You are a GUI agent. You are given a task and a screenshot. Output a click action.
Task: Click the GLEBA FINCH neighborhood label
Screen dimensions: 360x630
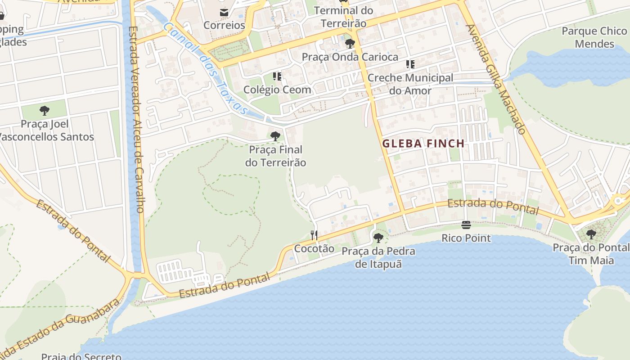423,144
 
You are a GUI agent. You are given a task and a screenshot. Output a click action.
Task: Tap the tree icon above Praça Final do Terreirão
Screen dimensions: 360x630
275,136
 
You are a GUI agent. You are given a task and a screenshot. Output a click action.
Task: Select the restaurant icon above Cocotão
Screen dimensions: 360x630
314,235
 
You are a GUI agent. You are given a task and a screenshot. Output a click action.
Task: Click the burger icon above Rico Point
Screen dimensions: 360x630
466,225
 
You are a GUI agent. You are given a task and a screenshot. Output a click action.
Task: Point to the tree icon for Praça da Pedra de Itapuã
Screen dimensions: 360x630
378,238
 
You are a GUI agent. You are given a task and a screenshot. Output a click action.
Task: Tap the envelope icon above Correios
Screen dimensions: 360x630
224,12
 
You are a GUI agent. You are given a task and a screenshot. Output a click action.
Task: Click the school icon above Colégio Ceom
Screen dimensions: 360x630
277,76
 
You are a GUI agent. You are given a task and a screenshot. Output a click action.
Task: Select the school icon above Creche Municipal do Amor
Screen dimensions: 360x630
410,64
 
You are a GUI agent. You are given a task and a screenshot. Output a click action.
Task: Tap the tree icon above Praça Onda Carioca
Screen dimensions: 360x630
350,44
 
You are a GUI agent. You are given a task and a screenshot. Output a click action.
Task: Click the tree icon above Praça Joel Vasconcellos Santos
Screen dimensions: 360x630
45,110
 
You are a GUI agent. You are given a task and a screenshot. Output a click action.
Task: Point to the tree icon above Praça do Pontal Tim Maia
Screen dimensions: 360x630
591,234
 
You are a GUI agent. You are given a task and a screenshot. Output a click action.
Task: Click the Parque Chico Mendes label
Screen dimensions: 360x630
594,37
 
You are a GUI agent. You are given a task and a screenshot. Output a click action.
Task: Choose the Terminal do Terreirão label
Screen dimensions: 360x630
343,17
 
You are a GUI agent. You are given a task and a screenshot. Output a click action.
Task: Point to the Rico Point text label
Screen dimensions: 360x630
466,238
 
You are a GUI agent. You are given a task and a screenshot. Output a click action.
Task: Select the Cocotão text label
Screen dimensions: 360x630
314,248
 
